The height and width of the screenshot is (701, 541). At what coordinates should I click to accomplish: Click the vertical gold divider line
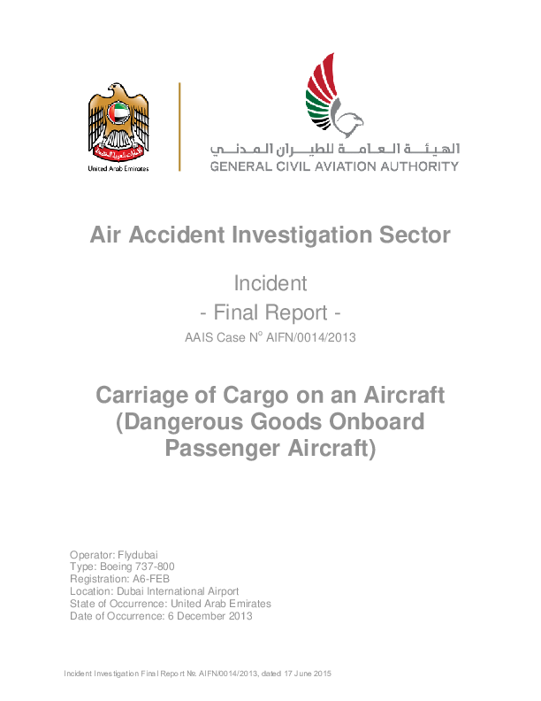[179, 127]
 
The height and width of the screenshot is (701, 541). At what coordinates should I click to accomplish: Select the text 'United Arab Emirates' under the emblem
[118, 167]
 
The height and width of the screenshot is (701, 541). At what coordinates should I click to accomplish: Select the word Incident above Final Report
[270, 284]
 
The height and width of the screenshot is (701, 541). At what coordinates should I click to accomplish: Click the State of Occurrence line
[171, 603]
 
